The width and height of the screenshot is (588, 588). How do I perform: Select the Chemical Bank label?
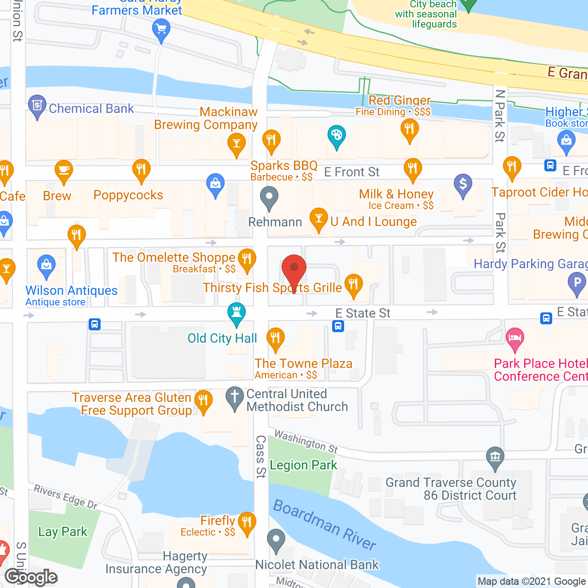click(91, 108)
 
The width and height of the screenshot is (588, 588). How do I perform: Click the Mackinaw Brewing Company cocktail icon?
click(237, 143)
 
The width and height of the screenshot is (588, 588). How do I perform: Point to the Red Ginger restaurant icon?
click(409, 129)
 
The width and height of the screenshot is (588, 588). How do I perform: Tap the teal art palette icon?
click(336, 136)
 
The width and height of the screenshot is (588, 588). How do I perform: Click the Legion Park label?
click(303, 465)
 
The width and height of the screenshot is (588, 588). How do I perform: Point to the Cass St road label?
click(260, 457)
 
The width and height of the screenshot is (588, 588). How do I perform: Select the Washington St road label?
click(306, 441)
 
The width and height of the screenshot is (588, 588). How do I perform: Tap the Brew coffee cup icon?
click(64, 170)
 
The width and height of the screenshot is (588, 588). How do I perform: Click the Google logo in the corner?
click(31, 577)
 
